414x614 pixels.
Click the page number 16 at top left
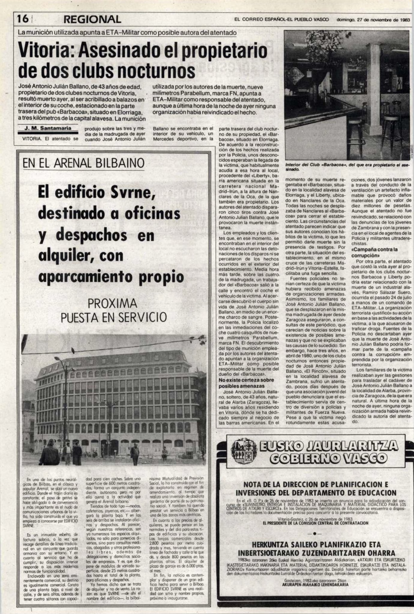(23, 19)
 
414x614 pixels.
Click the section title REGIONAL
(92, 19)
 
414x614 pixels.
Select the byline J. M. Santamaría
(48, 128)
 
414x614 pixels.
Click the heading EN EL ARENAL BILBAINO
(83, 163)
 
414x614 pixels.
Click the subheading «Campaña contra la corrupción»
(375, 252)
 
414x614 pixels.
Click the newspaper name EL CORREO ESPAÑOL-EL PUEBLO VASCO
(282, 20)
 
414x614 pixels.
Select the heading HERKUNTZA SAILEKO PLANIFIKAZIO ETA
(316, 545)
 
